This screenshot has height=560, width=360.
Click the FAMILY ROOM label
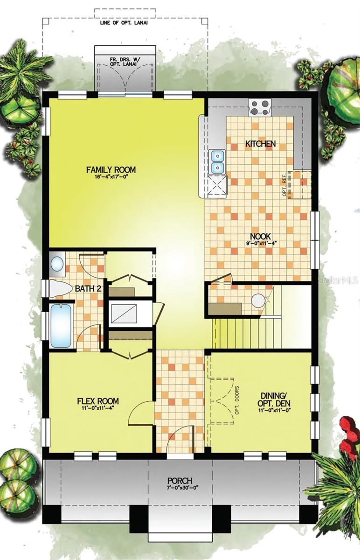[111, 170]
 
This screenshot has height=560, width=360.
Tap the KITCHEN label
[261, 144]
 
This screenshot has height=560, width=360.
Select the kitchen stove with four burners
[260, 107]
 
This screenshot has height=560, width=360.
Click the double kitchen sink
[218, 162]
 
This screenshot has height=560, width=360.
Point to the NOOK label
[261, 236]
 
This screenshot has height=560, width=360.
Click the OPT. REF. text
[284, 187]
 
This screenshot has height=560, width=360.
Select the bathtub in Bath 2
[61, 326]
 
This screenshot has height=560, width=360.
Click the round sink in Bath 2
[57, 264]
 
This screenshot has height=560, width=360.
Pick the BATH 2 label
[88, 289]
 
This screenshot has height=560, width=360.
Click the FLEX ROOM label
[98, 401]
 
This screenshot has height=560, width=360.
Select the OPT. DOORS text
[237, 400]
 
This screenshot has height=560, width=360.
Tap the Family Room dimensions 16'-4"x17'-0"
[111, 176]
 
